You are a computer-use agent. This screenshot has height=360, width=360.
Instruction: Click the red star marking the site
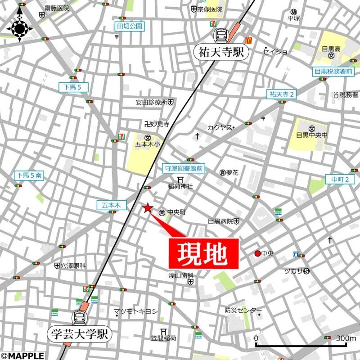pos(147,207)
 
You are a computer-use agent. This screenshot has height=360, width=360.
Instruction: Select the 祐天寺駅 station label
pos(221,52)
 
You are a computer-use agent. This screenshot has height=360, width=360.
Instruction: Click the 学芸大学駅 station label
pos(80,334)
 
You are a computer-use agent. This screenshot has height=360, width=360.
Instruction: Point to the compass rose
pos(19,28)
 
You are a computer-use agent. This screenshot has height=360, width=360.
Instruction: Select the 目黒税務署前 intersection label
pos(333,71)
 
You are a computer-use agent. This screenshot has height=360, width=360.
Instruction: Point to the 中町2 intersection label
pos(343,180)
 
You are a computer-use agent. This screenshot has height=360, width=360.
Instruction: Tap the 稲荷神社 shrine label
pos(180,186)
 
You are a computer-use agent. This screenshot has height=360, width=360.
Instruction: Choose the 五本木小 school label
pos(147,144)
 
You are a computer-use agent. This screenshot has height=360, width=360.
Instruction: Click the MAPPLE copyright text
pos(22,355)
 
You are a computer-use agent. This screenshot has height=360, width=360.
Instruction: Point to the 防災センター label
pos(243,310)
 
